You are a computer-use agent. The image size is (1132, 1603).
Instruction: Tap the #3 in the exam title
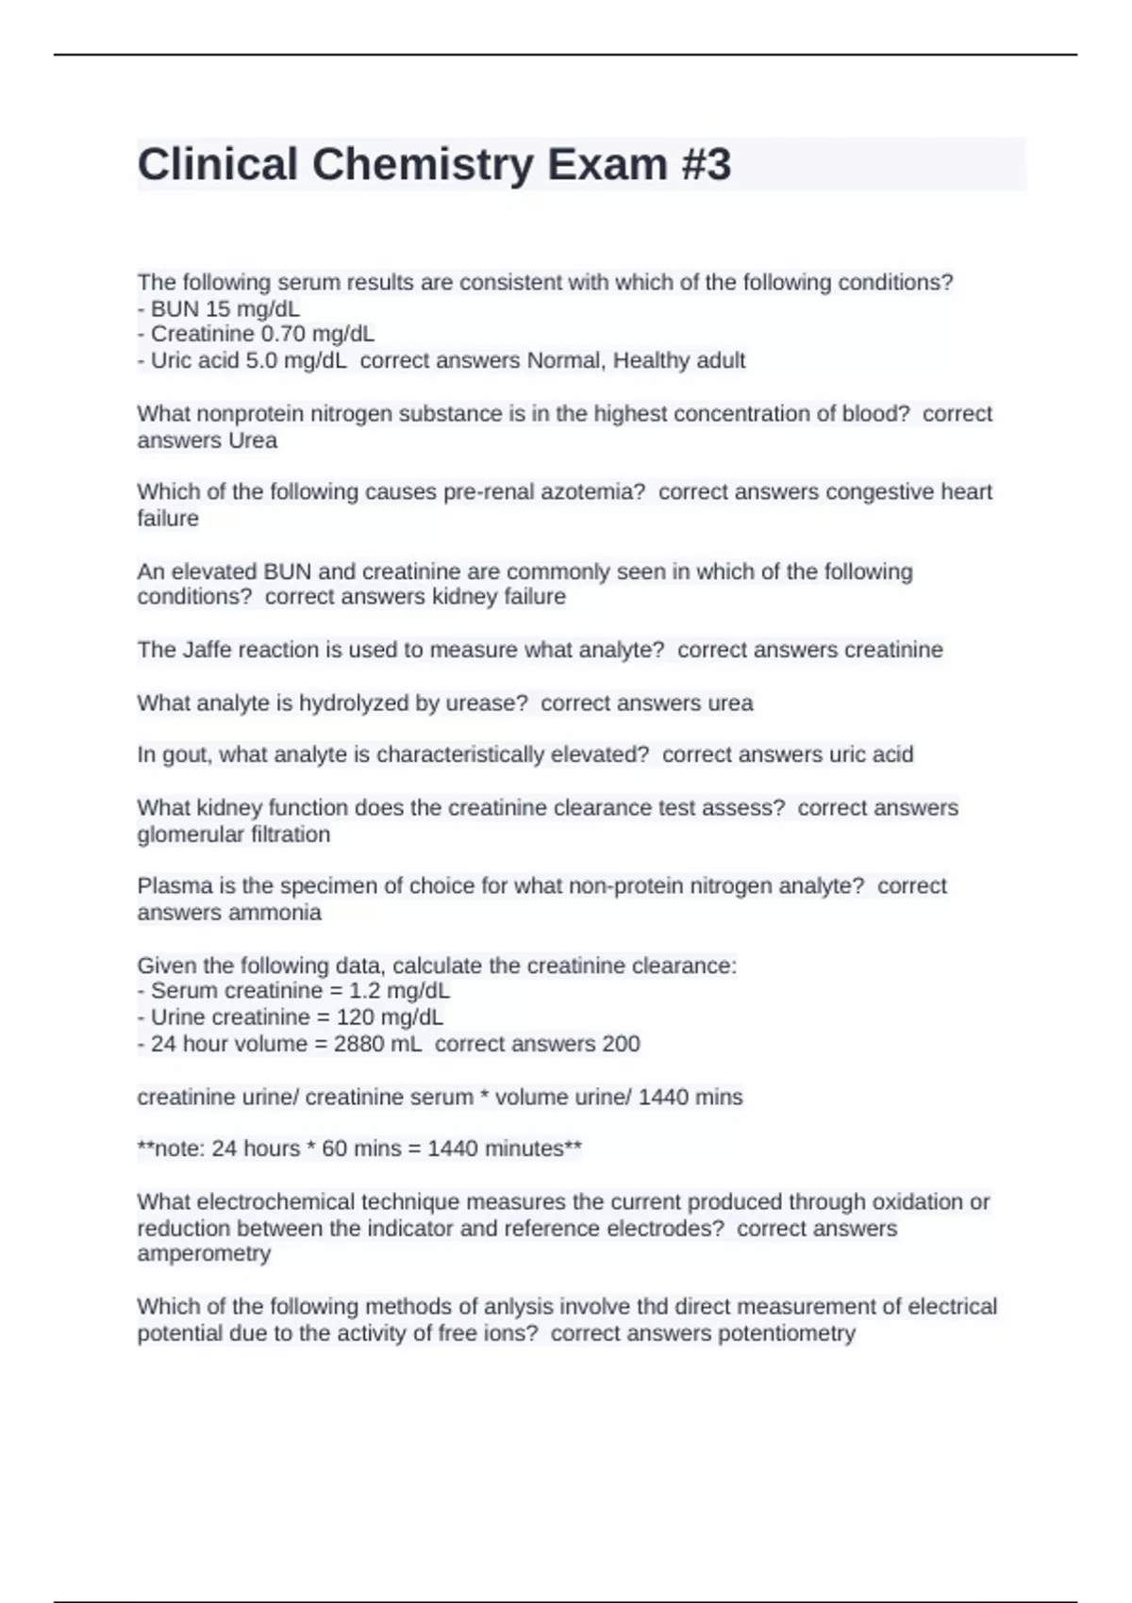pos(704,165)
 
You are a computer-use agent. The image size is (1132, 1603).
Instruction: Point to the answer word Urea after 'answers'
pos(253,440)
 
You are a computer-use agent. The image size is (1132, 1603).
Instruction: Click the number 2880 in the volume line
pos(358,1044)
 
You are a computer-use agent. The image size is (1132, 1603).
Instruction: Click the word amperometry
pos(204,1253)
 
